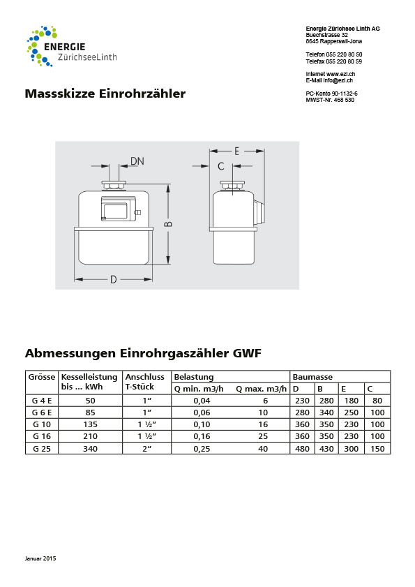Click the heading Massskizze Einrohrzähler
pyautogui.click(x=105, y=94)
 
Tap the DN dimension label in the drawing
pyautogui.click(x=137, y=161)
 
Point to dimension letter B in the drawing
pyautogui.click(x=168, y=224)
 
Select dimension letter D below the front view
pyautogui.click(x=113, y=280)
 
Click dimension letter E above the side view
pyautogui.click(x=237, y=151)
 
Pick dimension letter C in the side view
pyautogui.click(x=221, y=166)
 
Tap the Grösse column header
pyautogui.click(x=41, y=377)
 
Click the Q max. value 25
pyautogui.click(x=263, y=436)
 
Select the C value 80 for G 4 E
pyautogui.click(x=377, y=401)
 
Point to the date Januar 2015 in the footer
pyautogui.click(x=40, y=559)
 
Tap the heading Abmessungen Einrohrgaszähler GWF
pyautogui.click(x=143, y=353)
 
